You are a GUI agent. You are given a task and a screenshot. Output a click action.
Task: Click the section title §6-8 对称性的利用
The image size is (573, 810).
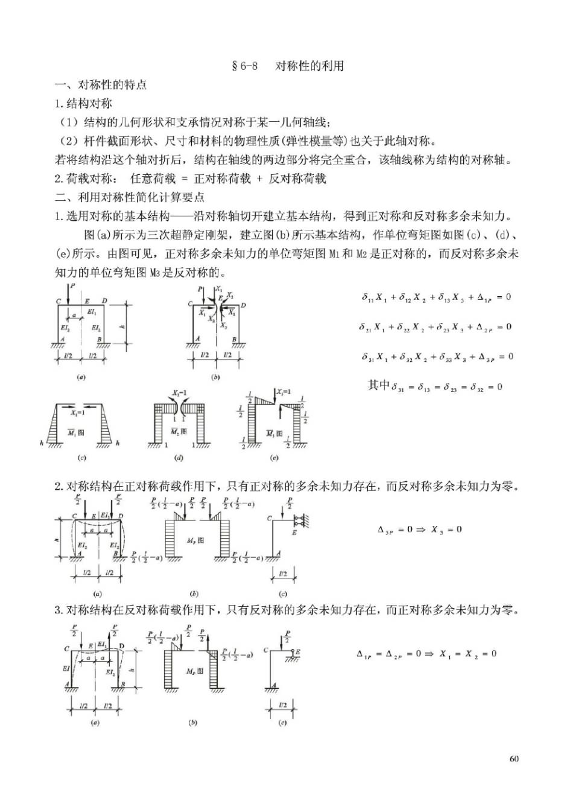point(288,66)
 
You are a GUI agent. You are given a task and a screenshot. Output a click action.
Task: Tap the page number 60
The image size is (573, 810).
point(514,758)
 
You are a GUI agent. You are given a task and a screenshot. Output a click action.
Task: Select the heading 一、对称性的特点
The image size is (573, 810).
point(101,84)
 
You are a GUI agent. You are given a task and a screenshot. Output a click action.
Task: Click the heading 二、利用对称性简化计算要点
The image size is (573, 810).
point(130,197)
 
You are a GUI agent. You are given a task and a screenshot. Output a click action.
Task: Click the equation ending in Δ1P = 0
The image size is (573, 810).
point(436,297)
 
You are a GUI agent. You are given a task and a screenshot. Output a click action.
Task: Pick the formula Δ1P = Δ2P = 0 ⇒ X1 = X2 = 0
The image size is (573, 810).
point(426,653)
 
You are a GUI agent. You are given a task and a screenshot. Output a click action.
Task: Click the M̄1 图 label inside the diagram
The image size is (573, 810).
point(76,432)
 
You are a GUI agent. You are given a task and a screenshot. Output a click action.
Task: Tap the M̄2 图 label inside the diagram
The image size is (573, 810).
point(178,432)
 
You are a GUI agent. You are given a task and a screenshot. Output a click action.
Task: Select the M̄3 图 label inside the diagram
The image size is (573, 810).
point(274,433)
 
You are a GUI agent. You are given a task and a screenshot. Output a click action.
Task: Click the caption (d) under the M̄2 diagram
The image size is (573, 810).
point(179,458)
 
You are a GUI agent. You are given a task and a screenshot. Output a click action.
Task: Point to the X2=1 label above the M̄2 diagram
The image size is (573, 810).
point(179,393)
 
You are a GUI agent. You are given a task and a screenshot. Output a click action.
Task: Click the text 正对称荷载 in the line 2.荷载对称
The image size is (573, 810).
point(222,178)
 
